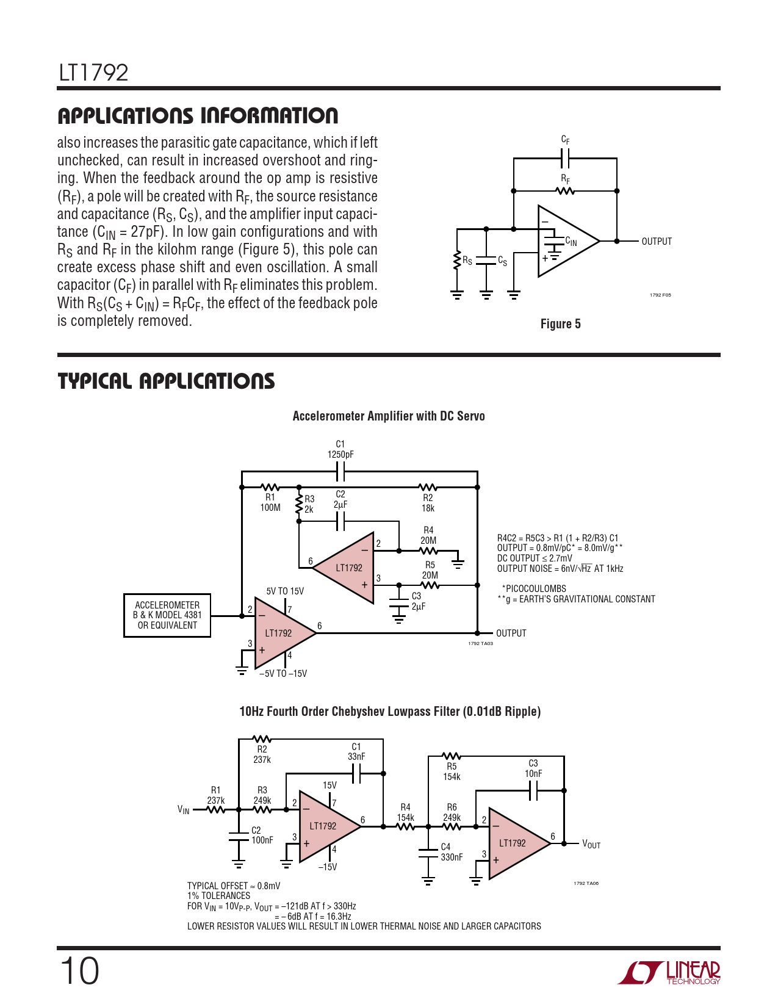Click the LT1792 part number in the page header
pos(93,73)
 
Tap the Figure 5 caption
pos(560,324)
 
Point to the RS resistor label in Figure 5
pos(467,261)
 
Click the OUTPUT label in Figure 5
pos(657,242)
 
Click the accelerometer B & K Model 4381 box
pos(167,615)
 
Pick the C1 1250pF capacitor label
pos(340,450)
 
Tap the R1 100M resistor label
pos(270,502)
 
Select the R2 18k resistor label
pos(428,503)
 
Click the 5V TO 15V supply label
pos(285,591)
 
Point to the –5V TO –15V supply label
pos(283,674)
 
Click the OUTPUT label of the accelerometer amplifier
pos(511,633)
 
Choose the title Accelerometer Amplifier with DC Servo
pos(389,416)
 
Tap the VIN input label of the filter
pos(184,810)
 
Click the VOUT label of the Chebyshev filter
pos(591,844)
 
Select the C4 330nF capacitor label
pos(451,852)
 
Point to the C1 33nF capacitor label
pos(356,751)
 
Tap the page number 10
pos(79,971)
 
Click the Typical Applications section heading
pos(166,381)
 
